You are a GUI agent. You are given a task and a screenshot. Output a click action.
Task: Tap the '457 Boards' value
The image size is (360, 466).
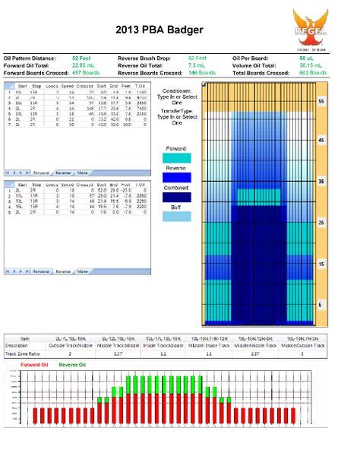85,73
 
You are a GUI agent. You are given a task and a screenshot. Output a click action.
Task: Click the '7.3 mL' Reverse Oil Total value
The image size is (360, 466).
196,65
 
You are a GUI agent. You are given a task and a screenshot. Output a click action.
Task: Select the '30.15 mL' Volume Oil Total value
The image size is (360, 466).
311,65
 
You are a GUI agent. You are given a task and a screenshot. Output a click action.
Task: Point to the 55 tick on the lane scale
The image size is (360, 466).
343,100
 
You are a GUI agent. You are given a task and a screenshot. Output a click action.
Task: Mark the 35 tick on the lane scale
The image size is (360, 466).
343,182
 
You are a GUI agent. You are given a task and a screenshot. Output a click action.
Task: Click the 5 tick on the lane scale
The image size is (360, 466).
343,304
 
